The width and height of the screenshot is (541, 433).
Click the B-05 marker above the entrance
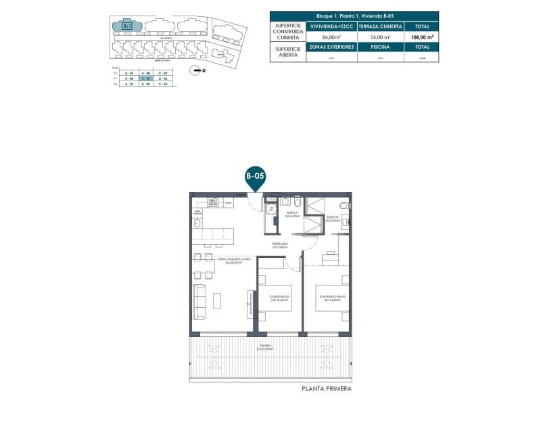pyautogui.click(x=255, y=176)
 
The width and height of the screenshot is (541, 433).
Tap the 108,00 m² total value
pyautogui.click(x=421, y=38)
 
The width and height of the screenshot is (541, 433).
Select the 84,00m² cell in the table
pyautogui.click(x=331, y=38)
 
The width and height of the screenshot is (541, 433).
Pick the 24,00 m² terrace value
pyautogui.click(x=381, y=38)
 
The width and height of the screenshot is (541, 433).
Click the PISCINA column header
pyautogui.click(x=381, y=47)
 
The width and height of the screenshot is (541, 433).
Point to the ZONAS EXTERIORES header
pyautogui.click(x=331, y=47)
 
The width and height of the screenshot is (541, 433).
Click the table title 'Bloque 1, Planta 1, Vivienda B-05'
pyautogui.click(x=354, y=16)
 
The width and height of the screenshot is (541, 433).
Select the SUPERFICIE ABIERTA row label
pyautogui.click(x=287, y=52)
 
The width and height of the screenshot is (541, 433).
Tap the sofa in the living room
pyautogui.click(x=199, y=302)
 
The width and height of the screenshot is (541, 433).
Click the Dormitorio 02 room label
pyautogui.click(x=279, y=298)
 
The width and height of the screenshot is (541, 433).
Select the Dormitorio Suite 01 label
pyautogui.click(x=333, y=298)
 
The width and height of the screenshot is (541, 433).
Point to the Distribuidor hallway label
pyautogui.click(x=280, y=245)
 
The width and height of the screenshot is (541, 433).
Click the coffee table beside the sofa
pyautogui.click(x=218, y=300)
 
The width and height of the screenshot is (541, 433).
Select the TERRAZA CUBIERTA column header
pyautogui.click(x=381, y=26)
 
